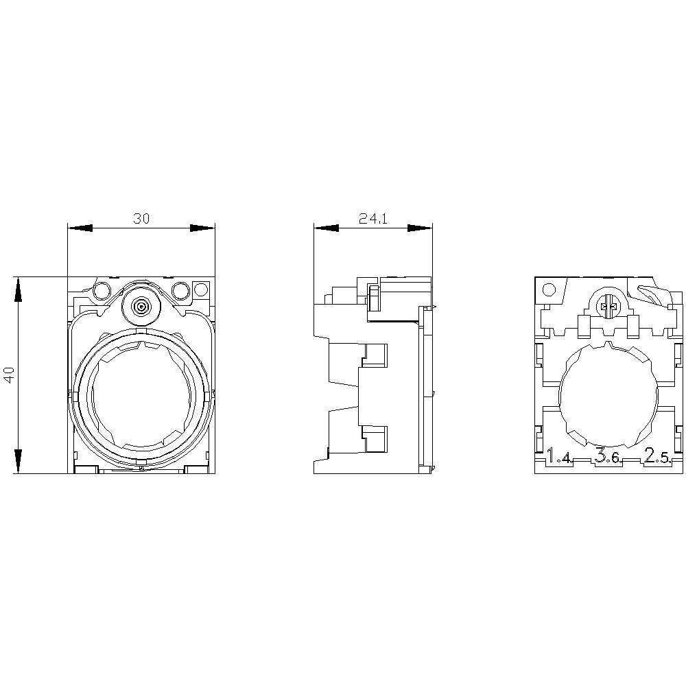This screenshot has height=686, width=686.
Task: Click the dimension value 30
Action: [x=141, y=219]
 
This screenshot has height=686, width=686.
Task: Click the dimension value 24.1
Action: [x=373, y=219]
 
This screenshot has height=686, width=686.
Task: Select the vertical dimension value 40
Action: [x=9, y=375]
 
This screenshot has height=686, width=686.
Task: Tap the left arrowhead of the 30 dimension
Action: [x=80, y=228]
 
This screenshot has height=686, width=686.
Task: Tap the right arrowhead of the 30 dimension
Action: [x=202, y=228]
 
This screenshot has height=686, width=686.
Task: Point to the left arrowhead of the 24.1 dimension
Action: [x=326, y=228]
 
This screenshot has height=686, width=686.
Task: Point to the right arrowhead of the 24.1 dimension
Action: [x=419, y=228]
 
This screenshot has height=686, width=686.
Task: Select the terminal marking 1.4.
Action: [x=560, y=457]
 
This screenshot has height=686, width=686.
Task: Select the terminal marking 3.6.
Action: [x=608, y=457]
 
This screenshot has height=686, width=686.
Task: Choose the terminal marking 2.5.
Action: [x=657, y=457]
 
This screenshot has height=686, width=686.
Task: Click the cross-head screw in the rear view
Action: [x=607, y=308]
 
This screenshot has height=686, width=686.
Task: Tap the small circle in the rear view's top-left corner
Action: [x=548, y=289]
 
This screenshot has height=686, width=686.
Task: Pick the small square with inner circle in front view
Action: [x=200, y=289]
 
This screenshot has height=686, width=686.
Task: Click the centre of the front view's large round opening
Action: [x=141, y=397]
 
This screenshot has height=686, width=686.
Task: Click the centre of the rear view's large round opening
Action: [x=607, y=396]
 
